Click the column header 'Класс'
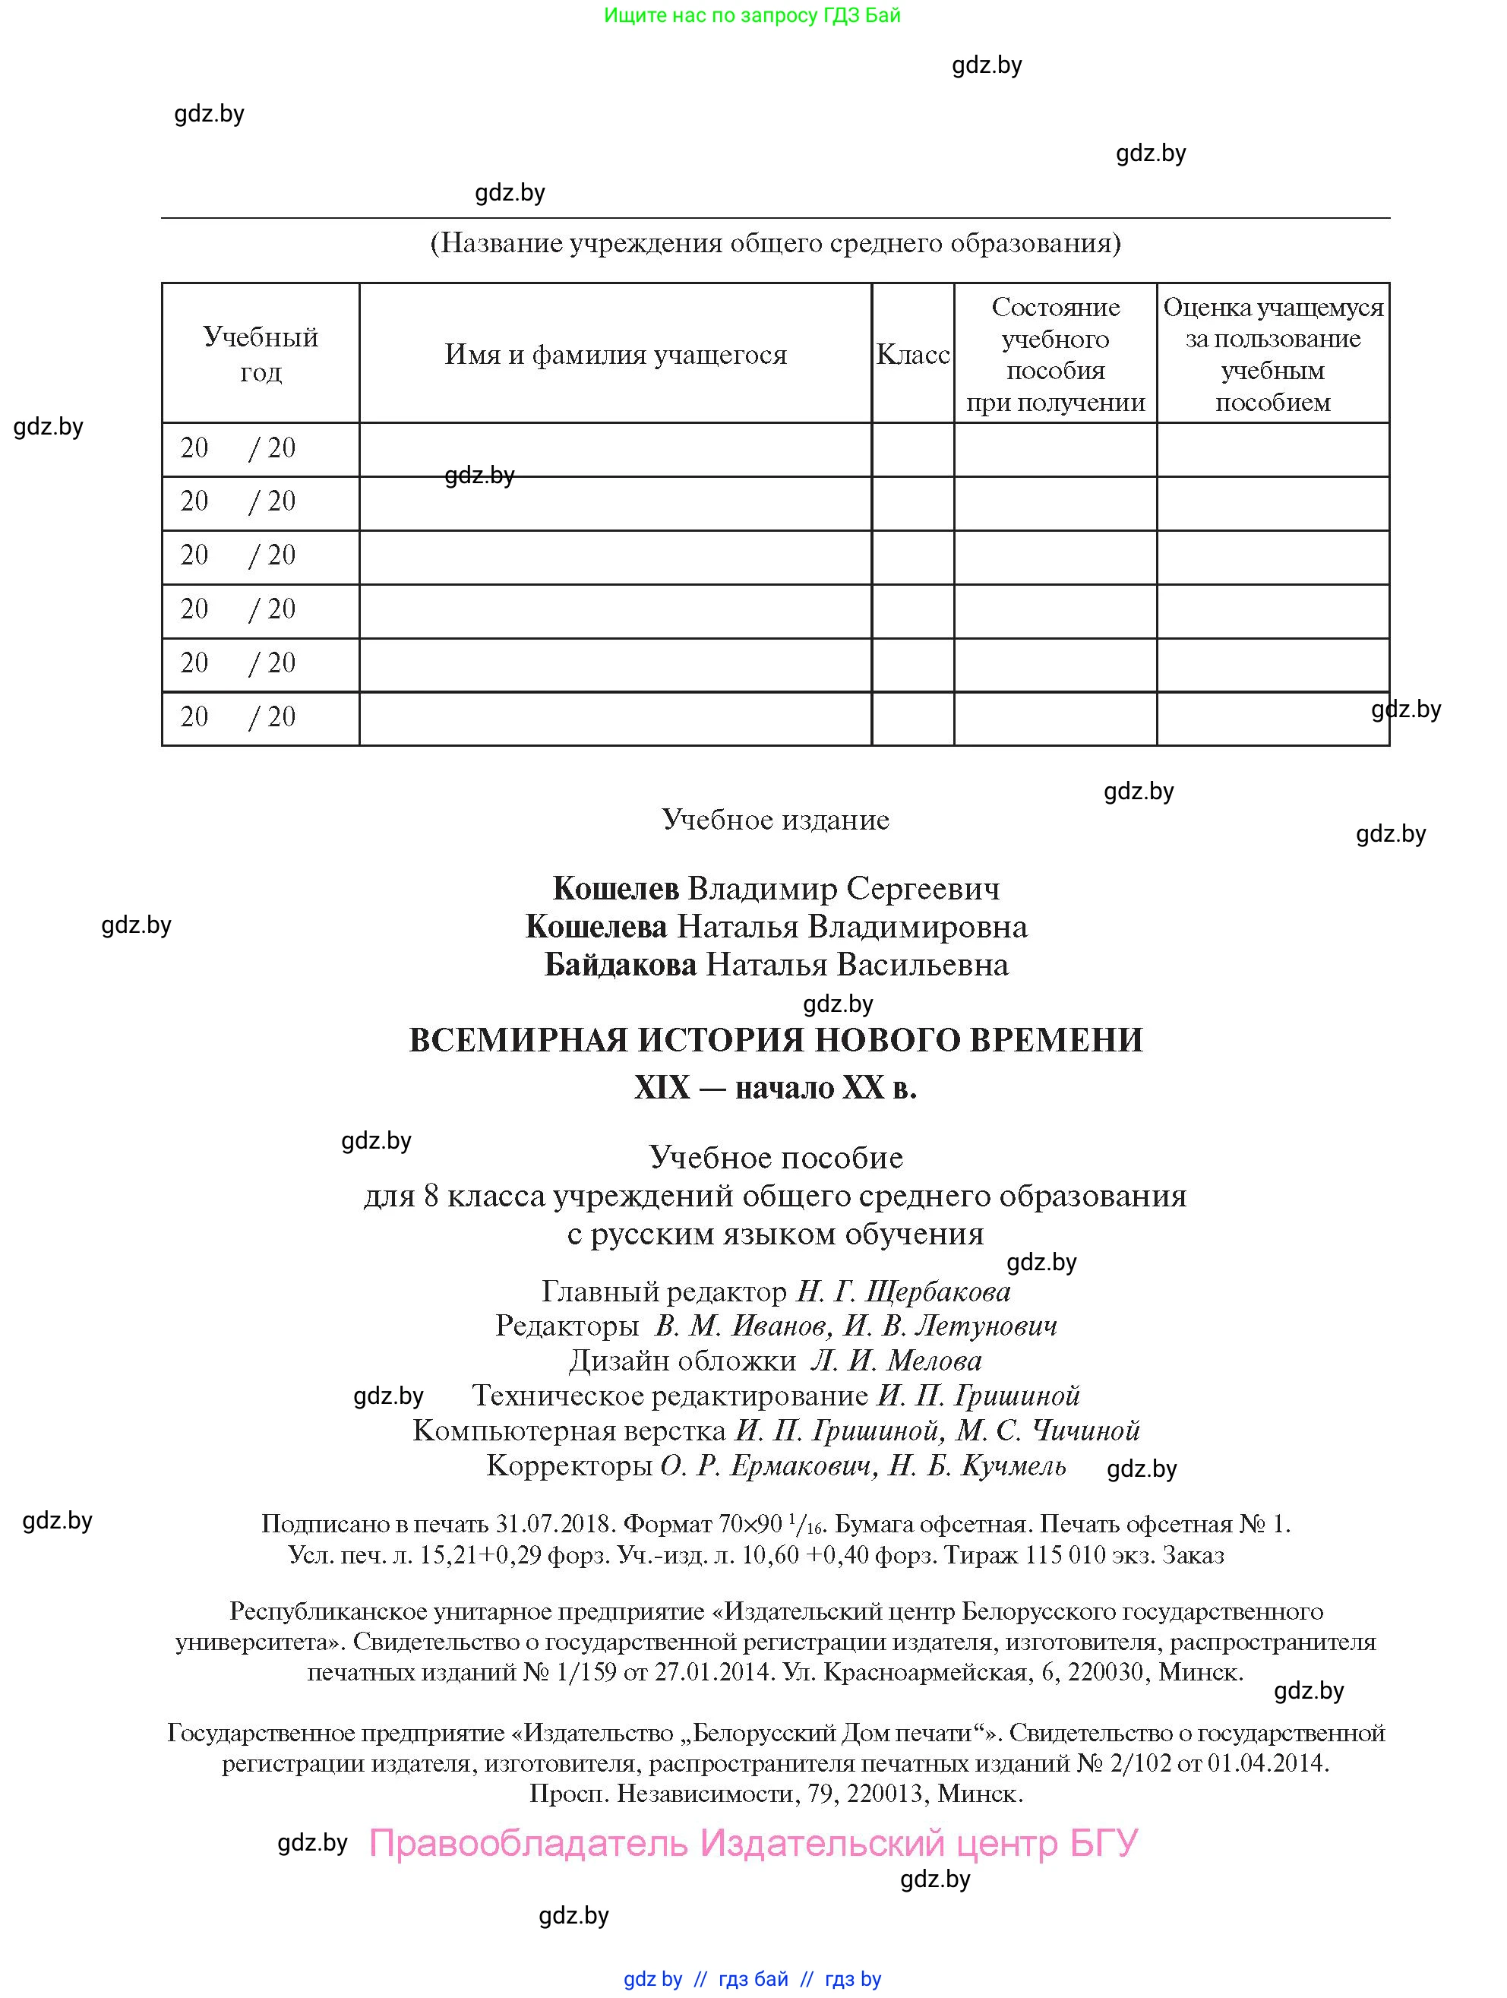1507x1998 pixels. tap(912, 354)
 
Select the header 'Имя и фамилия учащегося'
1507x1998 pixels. tap(615, 354)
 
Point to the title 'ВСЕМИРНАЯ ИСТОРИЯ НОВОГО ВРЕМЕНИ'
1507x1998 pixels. tap(776, 1041)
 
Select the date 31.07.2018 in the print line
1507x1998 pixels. tap(555, 1524)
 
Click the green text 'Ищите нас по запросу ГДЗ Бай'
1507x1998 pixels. tap(752, 15)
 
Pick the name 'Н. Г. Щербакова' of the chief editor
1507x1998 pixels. tap(903, 1292)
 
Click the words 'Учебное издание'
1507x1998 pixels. tap(776, 819)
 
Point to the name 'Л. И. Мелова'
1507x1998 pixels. tap(896, 1361)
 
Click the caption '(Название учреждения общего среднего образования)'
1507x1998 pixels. tap(776, 243)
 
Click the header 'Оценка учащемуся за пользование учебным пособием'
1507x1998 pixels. tap(1272, 354)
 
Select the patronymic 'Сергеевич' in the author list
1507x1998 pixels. tap(923, 889)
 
